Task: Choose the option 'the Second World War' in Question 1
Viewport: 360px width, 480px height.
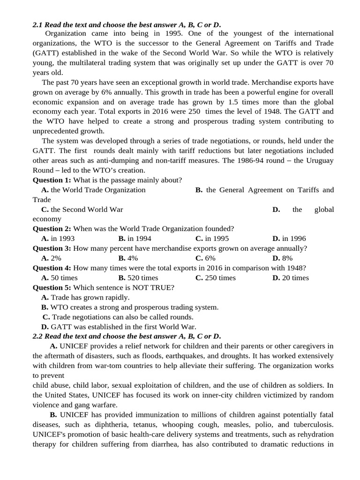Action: pyautogui.click(x=87, y=210)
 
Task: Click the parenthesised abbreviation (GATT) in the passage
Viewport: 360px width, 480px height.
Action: pyautogui.click(x=46, y=52)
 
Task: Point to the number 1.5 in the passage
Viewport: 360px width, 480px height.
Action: pyautogui.click(x=233, y=102)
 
